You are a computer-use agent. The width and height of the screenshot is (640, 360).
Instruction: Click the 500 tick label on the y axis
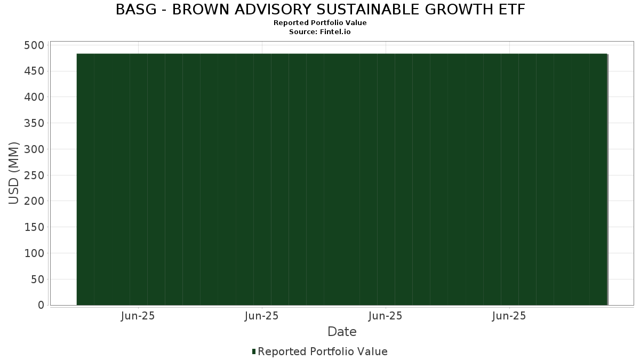(34, 45)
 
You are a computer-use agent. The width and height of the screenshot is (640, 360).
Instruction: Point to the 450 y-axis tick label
(34, 71)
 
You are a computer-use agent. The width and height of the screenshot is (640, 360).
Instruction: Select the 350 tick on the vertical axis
(34, 123)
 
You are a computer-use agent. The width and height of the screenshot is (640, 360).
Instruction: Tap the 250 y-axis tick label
(34, 175)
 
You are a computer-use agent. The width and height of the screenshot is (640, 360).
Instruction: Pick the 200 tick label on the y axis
(34, 202)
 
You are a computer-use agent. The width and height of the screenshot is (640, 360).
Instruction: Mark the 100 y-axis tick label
(34, 253)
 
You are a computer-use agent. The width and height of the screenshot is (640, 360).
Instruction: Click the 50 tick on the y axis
(37, 279)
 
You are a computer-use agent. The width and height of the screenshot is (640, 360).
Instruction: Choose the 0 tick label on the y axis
(41, 306)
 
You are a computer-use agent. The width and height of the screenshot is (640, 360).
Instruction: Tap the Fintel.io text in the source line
(335, 32)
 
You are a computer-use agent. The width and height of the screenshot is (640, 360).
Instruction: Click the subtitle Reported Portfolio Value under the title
(320, 23)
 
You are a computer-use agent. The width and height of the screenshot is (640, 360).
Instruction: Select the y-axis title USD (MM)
(14, 173)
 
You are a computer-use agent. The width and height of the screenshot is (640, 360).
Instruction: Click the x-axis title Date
(342, 332)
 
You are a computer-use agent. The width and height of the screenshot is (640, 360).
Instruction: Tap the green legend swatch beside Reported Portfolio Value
(254, 351)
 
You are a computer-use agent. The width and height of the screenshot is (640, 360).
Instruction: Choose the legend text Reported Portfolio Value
(323, 351)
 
